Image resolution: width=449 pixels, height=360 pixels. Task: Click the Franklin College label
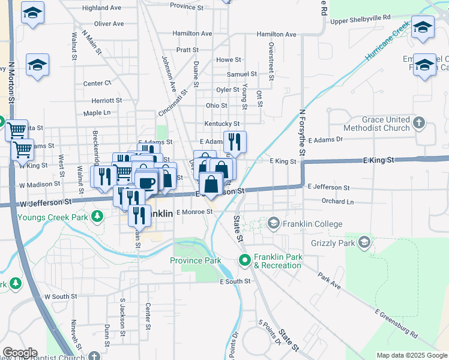click(313, 224)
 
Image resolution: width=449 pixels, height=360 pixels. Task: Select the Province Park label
click(196, 260)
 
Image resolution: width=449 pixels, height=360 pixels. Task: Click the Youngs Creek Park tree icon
click(97, 216)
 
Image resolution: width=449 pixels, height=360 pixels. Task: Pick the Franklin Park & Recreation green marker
click(244, 260)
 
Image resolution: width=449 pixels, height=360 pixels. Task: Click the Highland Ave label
click(103, 8)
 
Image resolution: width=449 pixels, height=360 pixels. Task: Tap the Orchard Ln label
click(337, 202)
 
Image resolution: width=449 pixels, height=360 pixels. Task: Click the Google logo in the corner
click(19, 353)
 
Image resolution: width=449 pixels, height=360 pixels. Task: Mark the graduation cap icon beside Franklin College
click(274, 224)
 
